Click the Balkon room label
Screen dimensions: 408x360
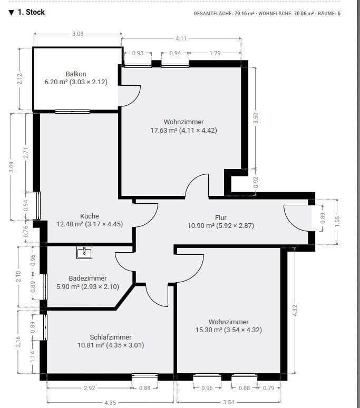pos(76,74)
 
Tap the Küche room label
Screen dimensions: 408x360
pos(90,216)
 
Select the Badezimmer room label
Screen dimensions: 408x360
pos(87,278)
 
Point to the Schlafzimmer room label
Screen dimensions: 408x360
pos(111,337)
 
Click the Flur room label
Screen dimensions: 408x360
pos(221,217)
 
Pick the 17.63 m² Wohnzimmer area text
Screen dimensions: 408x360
pos(183,130)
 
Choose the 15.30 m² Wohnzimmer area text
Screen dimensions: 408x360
pos(228,330)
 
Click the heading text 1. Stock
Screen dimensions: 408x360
pos(31,12)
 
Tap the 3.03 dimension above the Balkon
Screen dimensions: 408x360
pos(77,34)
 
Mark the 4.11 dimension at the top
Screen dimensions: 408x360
pos(181,38)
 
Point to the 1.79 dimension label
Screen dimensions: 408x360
pos(215,53)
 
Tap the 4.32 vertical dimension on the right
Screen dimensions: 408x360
pos(295,310)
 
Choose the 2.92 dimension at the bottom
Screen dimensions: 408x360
pos(90,389)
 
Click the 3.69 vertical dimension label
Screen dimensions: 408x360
pos(11,168)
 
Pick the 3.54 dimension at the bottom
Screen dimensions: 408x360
pos(228,403)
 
